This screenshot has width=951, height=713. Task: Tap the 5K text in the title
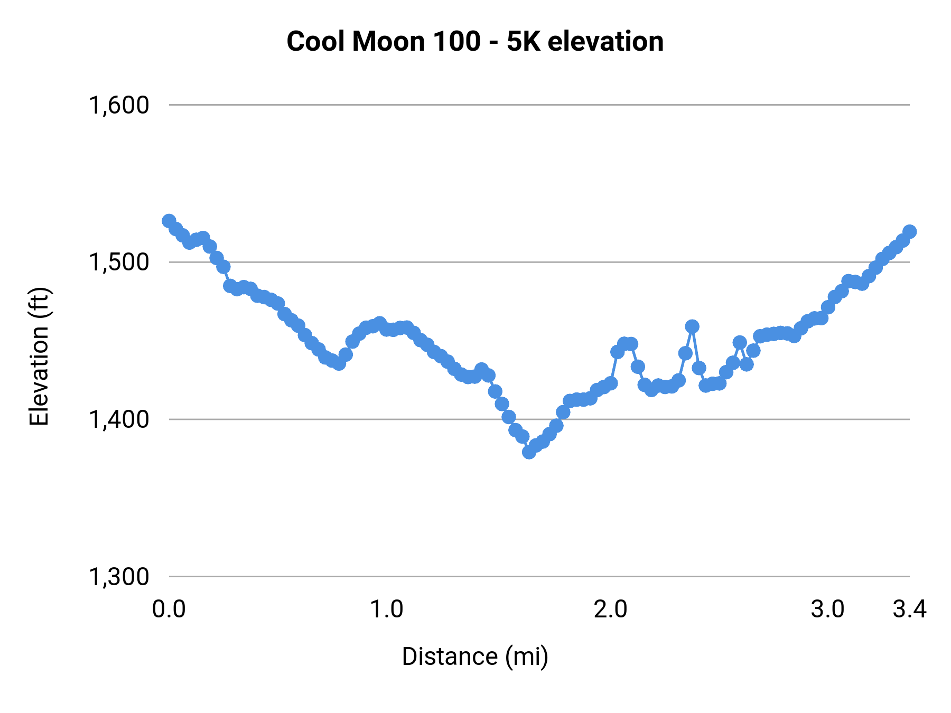(524, 41)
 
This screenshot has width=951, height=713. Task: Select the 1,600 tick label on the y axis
(119, 105)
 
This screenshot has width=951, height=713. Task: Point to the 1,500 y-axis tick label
(119, 262)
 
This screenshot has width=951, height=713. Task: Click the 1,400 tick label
(119, 419)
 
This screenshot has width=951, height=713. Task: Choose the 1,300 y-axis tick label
(119, 577)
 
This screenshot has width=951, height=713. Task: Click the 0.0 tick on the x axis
(169, 609)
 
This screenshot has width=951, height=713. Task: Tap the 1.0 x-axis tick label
(386, 609)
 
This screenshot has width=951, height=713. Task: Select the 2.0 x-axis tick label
(610, 609)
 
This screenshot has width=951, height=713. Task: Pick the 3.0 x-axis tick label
(828, 609)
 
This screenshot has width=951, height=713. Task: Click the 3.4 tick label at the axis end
(910, 609)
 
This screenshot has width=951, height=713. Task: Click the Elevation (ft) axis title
(39, 356)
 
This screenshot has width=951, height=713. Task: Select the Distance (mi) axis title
(475, 656)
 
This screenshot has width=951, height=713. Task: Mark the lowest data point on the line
(529, 452)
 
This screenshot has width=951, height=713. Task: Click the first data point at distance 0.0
(169, 221)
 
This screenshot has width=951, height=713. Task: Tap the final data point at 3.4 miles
(910, 231)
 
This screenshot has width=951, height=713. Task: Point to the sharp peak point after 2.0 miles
(692, 326)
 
